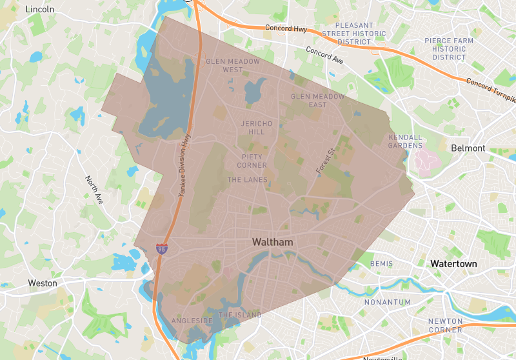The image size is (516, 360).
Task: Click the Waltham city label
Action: pyautogui.click(x=272, y=242)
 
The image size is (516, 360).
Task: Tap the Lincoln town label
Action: pyautogui.click(x=39, y=10)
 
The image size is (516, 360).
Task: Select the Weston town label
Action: pyautogui.click(x=43, y=283)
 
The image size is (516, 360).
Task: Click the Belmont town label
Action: pyautogui.click(x=468, y=148)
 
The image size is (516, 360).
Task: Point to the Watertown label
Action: pyautogui.click(x=453, y=264)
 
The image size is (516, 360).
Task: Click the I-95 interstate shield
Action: pyautogui.click(x=161, y=248)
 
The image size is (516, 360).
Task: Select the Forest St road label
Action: pyautogui.click(x=327, y=161)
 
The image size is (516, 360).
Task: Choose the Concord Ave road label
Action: pyautogui.click(x=324, y=55)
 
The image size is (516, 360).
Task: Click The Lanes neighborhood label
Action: pyautogui.click(x=247, y=180)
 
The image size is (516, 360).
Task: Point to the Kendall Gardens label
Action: pyautogui.click(x=405, y=141)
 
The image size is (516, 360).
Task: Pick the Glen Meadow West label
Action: pyautogui.click(x=233, y=65)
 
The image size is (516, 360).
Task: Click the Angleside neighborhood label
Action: pyautogui.click(x=192, y=321)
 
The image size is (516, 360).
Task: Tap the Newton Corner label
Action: pyautogui.click(x=445, y=325)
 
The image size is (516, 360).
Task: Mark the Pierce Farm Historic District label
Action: pyautogui.click(x=449, y=49)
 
